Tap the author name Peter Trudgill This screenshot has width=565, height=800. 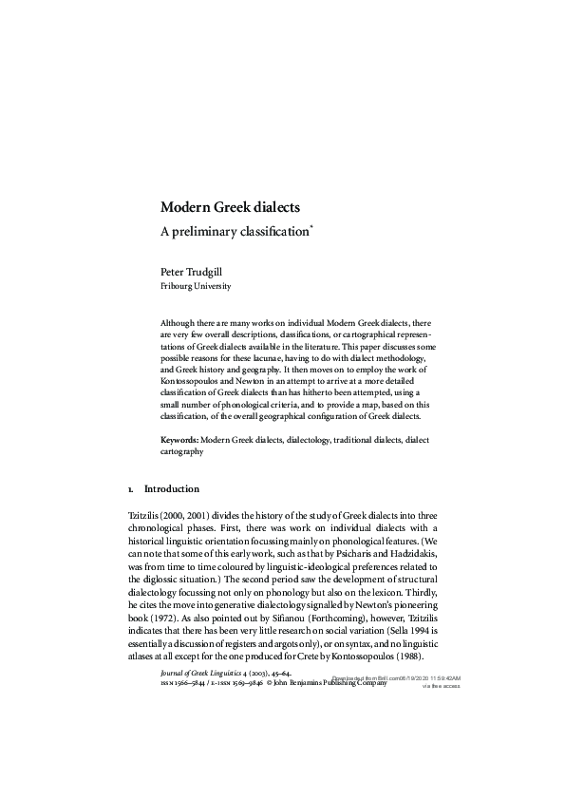195,271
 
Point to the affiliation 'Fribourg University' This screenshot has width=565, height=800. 195,285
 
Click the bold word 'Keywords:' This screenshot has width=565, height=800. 179,441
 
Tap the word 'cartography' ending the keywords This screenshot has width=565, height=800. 181,452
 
